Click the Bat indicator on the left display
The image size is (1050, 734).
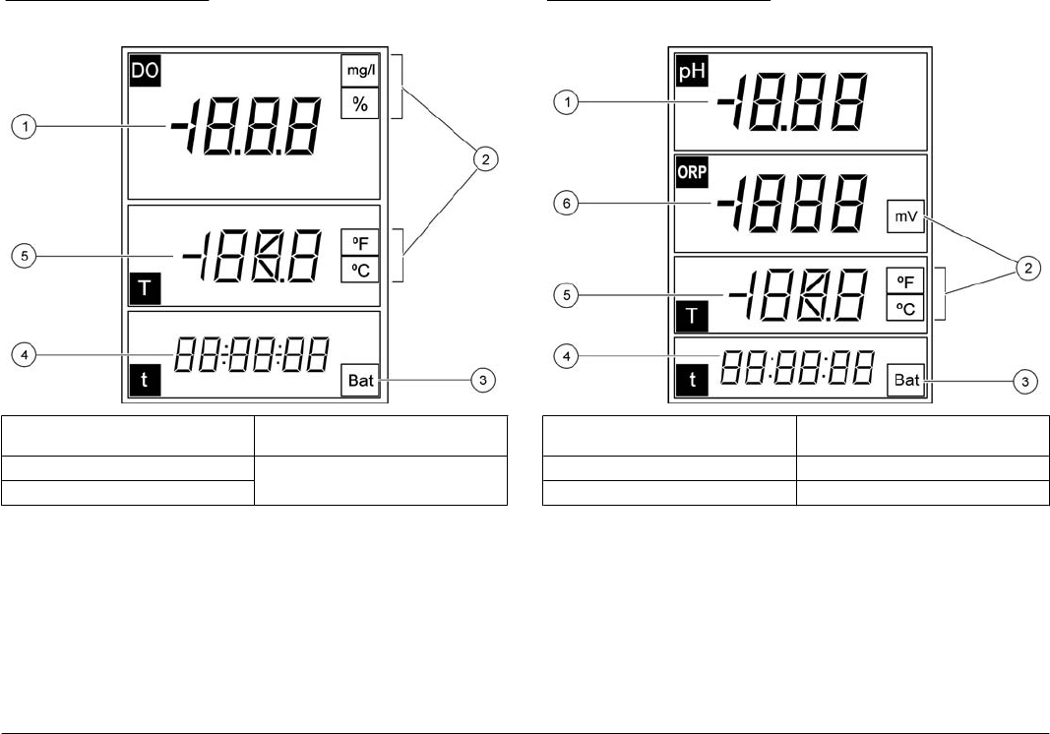tap(361, 381)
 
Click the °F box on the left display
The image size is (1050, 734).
tap(360, 242)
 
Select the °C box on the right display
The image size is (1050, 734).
tap(906, 309)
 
